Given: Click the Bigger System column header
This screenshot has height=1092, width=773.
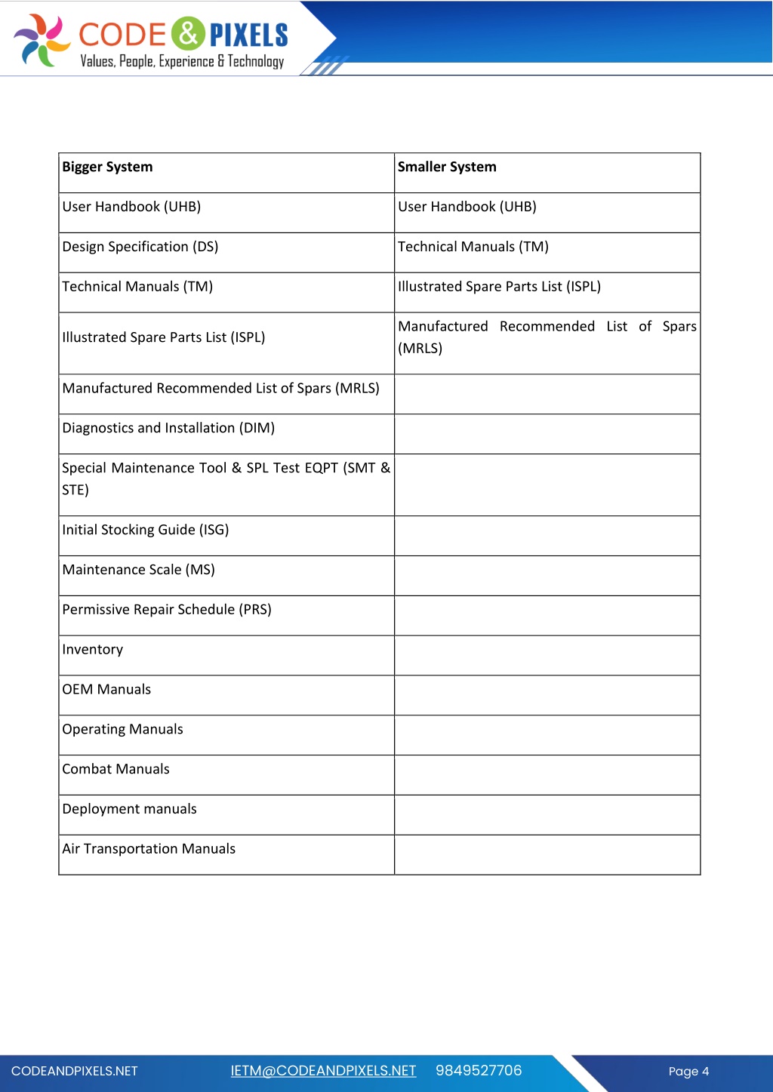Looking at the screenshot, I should (107, 167).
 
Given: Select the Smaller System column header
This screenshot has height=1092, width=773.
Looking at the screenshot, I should (447, 167).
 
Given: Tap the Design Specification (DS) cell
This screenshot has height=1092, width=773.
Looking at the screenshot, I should (140, 247).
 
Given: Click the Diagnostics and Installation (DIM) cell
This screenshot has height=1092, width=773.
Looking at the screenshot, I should (168, 428).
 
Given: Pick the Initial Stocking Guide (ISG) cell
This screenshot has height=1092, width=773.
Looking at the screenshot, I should (146, 530).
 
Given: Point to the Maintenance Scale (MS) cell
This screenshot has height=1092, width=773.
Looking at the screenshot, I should (139, 570).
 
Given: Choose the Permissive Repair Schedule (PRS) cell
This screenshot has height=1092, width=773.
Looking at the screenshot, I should (167, 610).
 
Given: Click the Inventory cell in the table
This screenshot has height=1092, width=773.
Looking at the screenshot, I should (93, 650).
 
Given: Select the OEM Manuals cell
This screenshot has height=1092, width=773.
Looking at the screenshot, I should (106, 690).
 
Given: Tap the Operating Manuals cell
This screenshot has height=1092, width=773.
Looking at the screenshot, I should (123, 730).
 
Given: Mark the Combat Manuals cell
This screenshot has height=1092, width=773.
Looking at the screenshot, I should (116, 769).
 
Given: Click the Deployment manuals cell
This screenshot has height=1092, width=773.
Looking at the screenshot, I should (130, 809).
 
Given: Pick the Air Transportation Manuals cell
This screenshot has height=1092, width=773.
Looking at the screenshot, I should (149, 849).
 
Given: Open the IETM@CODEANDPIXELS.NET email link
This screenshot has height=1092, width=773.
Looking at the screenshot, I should (323, 1071).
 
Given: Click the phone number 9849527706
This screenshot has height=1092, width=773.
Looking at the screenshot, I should (479, 1071).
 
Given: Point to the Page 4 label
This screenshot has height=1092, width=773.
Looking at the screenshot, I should (688, 1072).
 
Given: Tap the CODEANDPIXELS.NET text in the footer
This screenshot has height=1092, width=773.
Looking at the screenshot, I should (75, 1072).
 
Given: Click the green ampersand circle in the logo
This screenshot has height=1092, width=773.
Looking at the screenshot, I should (188, 33).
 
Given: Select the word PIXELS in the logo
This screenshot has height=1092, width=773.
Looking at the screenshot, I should (248, 35).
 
